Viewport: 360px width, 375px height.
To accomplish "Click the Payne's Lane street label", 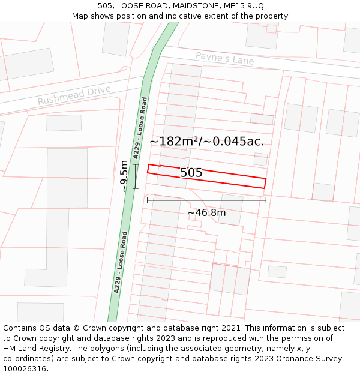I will [x=224, y=59].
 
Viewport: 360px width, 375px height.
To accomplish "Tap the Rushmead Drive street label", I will [x=74, y=95].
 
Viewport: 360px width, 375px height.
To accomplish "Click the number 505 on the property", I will [x=191, y=173].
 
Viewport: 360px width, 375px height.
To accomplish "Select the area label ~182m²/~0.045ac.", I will [x=206, y=142].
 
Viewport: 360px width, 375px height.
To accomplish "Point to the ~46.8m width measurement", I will [x=206, y=212].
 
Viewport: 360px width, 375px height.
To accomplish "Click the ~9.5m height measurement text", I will [x=124, y=176].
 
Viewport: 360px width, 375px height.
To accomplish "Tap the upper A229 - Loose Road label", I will [x=140, y=128].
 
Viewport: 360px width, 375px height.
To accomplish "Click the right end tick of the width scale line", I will [x=266, y=200].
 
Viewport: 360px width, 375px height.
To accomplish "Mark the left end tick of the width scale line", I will [x=148, y=200].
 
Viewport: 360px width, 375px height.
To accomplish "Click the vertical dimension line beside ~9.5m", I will [x=136, y=176].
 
